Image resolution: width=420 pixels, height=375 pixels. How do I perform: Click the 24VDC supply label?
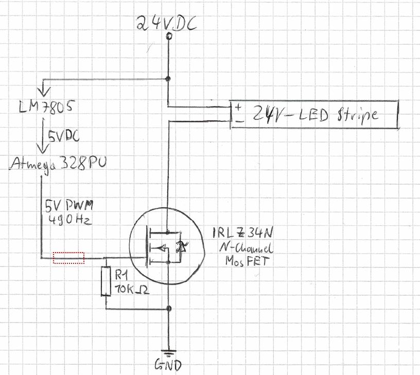coord(167,23)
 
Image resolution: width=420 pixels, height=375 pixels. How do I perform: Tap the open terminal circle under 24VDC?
coord(169,36)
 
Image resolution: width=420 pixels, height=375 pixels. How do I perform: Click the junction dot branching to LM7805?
coord(168,79)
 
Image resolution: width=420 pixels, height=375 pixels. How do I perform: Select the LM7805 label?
coord(46,106)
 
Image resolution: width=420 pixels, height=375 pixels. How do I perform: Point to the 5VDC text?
coord(64,136)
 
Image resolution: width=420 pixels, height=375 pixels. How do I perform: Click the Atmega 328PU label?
coord(58,164)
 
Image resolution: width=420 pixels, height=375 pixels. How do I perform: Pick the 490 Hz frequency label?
coord(70,220)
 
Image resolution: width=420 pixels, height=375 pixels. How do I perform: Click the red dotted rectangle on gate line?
coord(68,258)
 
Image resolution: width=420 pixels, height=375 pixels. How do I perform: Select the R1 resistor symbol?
coord(106,281)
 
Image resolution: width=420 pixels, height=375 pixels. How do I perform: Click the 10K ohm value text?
coord(132,289)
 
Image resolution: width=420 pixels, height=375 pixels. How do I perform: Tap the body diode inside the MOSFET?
coord(181,247)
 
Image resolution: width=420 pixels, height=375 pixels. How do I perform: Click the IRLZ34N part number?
coord(243,233)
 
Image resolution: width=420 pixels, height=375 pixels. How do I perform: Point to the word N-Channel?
coord(246,248)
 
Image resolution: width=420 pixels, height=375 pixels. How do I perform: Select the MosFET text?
coord(247,261)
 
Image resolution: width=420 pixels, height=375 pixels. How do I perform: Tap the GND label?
coord(168,365)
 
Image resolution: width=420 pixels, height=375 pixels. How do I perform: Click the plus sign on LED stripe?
coord(238,107)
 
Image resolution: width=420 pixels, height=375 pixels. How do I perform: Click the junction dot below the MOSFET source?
coord(169,309)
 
